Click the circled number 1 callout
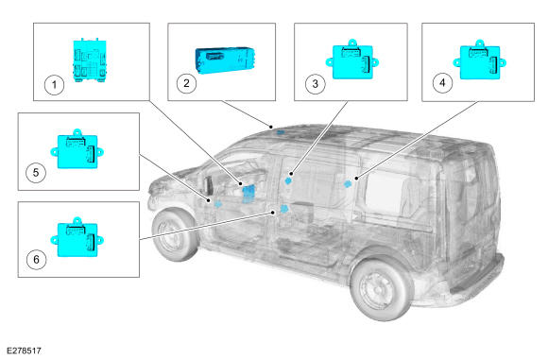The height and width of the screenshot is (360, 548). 54,85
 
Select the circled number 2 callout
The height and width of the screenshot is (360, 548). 186,83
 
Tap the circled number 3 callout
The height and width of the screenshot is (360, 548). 316,84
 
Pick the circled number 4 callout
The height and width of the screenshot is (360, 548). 442,83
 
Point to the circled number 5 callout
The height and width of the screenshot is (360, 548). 36,172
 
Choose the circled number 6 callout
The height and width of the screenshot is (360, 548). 36,259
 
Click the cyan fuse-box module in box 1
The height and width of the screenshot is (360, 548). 90,60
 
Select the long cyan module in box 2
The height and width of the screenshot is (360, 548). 225,60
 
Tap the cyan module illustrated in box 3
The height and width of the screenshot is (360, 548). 352,60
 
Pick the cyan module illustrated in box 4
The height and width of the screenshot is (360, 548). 480,60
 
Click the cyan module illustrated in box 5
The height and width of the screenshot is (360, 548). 77,149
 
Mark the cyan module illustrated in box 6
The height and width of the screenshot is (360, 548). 77,237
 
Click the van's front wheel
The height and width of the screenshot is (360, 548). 175,234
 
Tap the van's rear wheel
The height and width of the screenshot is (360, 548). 382,287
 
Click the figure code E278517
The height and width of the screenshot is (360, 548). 24,351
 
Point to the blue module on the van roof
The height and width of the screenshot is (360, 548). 281,132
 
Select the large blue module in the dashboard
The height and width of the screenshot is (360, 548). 248,194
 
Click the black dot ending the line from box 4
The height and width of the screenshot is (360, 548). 356,179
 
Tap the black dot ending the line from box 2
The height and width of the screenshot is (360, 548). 271,127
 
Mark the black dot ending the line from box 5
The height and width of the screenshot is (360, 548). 209,200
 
